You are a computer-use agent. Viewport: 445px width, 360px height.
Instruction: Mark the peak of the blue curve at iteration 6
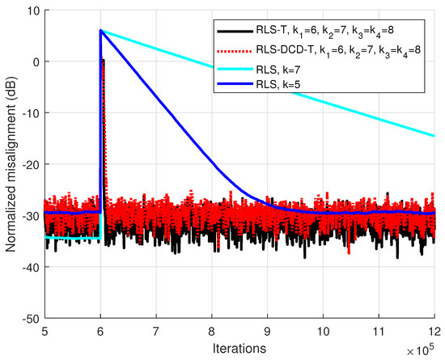pos(100,31)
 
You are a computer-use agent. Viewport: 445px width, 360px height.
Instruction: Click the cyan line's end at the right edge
pos(434,136)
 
